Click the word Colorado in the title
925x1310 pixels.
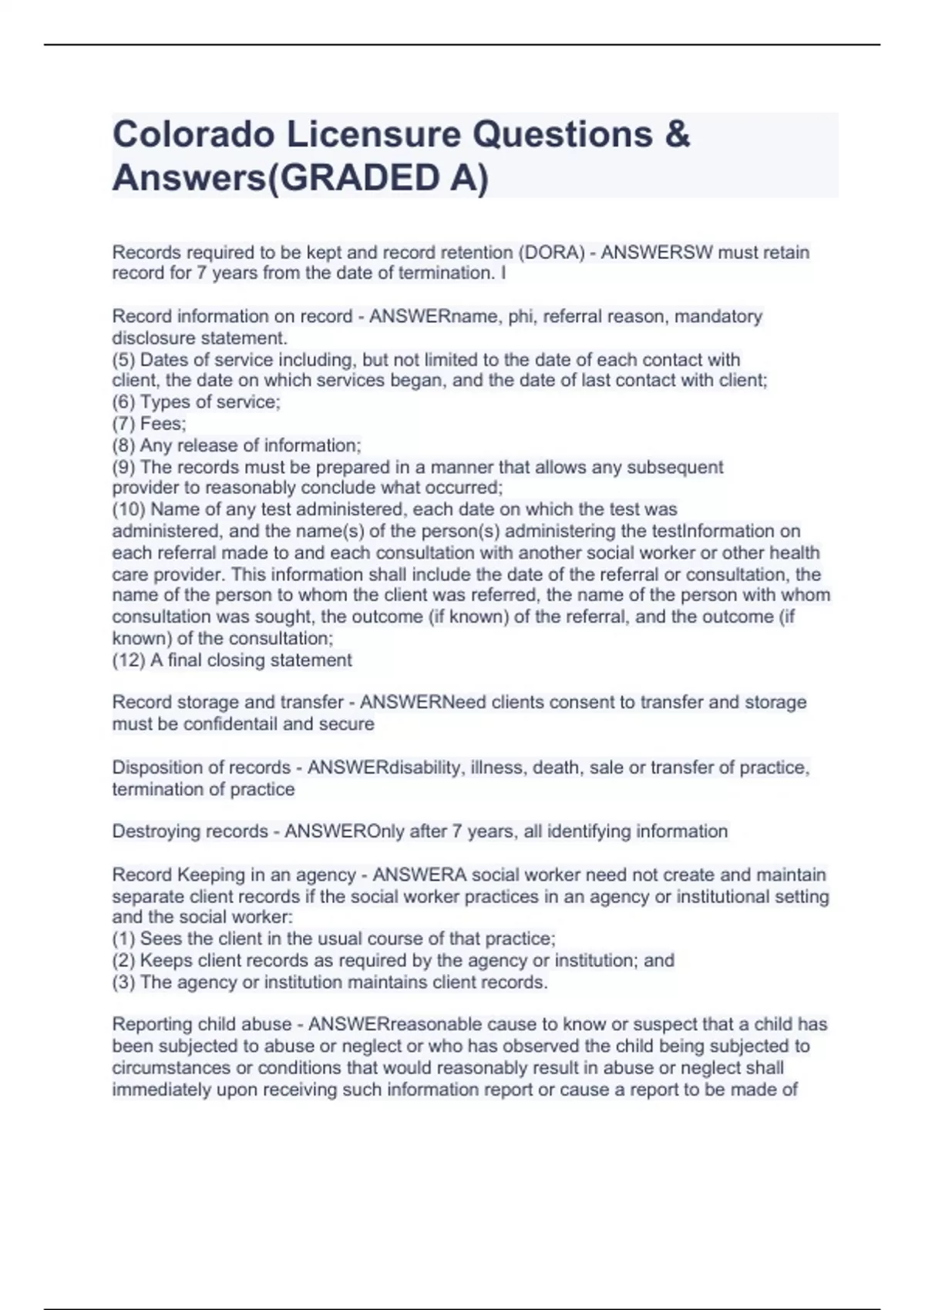point(193,135)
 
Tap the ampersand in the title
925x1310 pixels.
point(676,135)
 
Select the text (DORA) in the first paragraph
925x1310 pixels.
point(552,253)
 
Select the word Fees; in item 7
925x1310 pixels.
point(163,424)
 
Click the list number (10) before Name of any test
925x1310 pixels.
point(129,509)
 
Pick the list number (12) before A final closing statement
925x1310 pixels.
point(129,660)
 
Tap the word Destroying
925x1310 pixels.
point(159,831)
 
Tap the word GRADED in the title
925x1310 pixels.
point(351,178)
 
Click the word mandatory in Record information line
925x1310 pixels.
point(718,317)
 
